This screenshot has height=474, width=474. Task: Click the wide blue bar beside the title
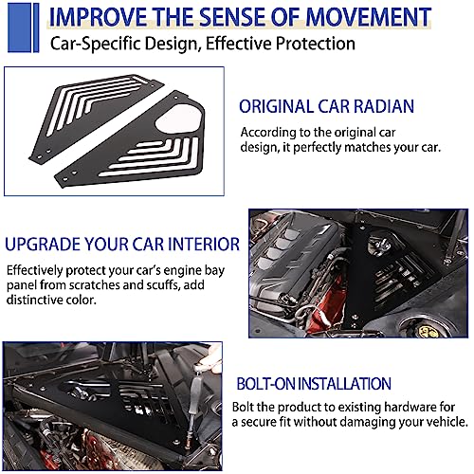click(19, 27)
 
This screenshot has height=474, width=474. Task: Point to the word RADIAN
click(384, 106)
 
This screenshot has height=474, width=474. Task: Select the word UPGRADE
click(43, 245)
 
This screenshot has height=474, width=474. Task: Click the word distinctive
click(34, 300)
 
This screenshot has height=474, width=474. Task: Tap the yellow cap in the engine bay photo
click(428, 331)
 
